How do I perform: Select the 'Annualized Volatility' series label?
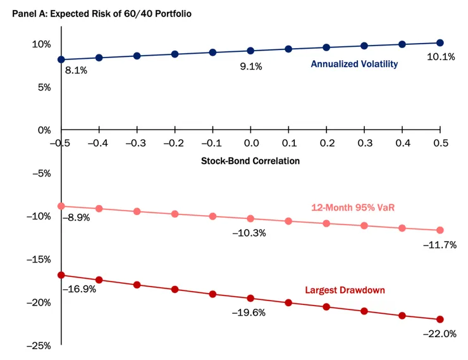point(354,64)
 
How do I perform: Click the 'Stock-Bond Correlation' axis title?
point(250,161)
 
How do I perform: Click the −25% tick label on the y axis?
point(39,345)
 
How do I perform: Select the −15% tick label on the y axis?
point(39,259)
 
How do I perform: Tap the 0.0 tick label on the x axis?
point(250,143)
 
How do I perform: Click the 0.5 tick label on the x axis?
point(440,143)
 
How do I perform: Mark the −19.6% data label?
point(249,313)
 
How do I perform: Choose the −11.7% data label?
point(439,245)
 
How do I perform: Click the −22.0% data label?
point(439,333)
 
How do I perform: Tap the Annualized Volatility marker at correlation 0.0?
point(250,51)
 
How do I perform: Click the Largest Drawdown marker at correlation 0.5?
point(440,320)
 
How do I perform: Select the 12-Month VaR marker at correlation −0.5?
point(61,206)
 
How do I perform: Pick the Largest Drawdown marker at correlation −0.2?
point(175,289)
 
